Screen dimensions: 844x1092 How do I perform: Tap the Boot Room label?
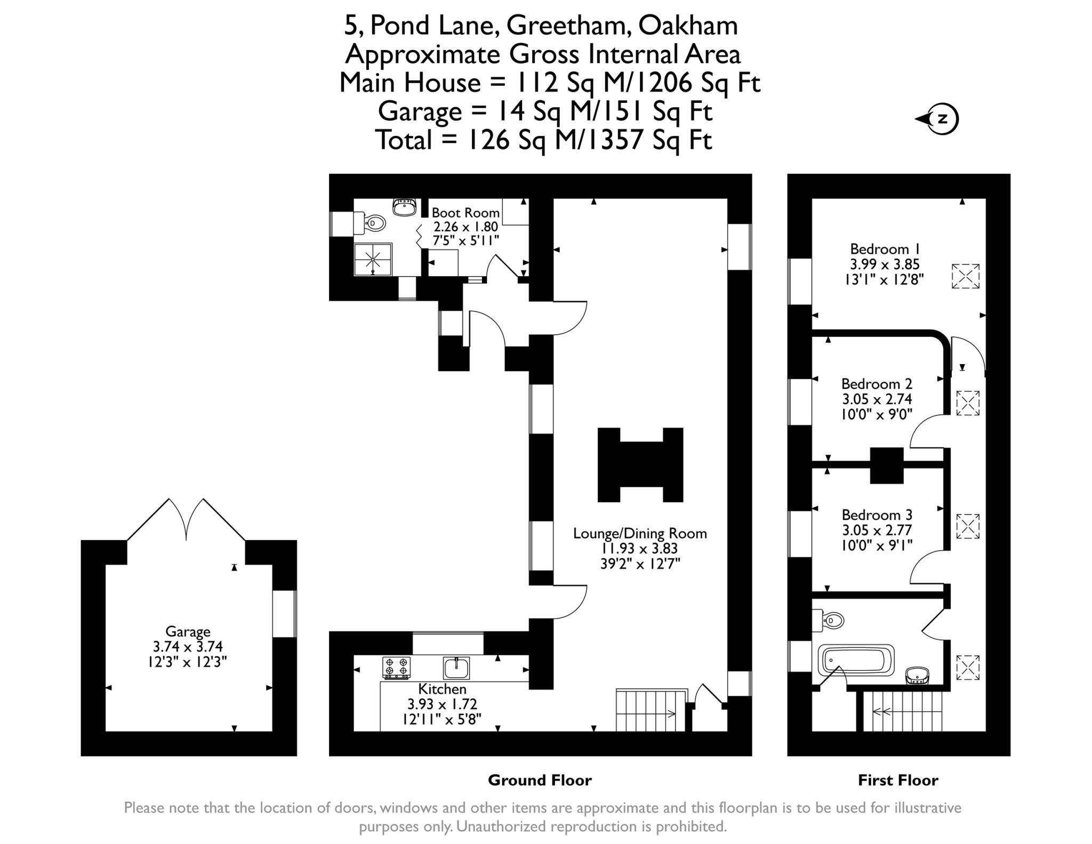[465, 213]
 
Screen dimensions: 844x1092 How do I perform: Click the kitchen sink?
[456, 668]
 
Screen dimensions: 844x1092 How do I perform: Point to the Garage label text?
[188, 632]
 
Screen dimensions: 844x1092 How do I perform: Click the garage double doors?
[187, 520]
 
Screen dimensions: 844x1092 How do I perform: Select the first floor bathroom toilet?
[830, 620]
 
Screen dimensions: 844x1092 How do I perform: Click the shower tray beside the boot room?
[373, 260]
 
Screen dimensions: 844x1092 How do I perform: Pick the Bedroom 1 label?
[885, 249]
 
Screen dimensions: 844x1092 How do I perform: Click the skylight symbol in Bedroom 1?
[966, 276]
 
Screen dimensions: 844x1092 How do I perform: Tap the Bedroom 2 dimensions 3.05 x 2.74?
[877, 399]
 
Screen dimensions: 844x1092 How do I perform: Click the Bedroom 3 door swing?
[927, 569]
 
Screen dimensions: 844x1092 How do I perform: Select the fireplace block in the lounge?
[640, 464]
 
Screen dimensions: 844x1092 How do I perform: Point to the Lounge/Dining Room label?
[640, 533]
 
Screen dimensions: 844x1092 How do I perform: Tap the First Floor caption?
[898, 781]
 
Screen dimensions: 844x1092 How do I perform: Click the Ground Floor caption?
[540, 781]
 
